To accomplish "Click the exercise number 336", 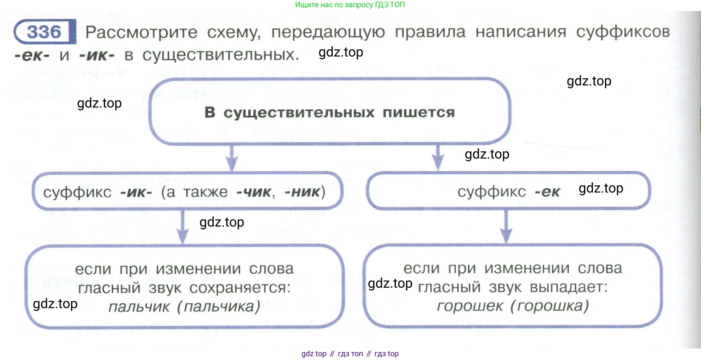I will pyautogui.click(x=44, y=32).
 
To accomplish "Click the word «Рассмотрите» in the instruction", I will pyautogui.click(x=141, y=32).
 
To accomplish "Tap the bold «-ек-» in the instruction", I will pyautogui.click(x=31, y=55).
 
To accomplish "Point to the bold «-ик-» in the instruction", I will pyautogui.click(x=96, y=55).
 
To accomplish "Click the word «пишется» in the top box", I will pyautogui.click(x=418, y=112).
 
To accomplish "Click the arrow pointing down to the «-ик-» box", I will pyautogui.click(x=231, y=158).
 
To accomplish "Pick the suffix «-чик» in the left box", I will pyautogui.click(x=254, y=192).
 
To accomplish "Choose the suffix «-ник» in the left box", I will pyautogui.click(x=302, y=192).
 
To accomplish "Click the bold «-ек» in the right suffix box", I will pyautogui.click(x=548, y=192).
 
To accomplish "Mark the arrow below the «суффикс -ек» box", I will pyautogui.click(x=506, y=227).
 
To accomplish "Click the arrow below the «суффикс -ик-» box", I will pyautogui.click(x=183, y=228).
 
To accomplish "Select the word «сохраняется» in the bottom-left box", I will pyautogui.click(x=240, y=288).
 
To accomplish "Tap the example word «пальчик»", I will pyautogui.click(x=139, y=306).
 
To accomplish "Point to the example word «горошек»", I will pyautogui.click(x=470, y=306).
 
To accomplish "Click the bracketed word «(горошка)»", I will pyautogui.click(x=549, y=306).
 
